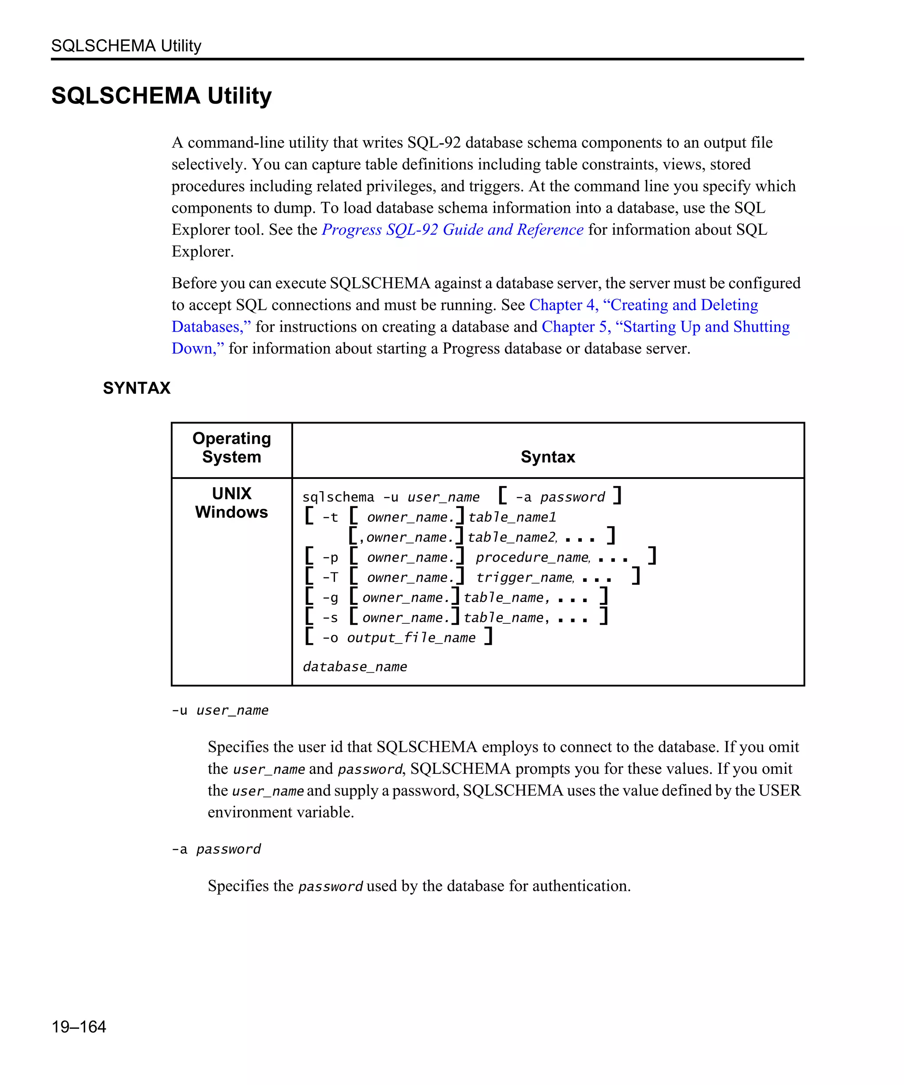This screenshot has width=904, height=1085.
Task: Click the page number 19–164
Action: [x=79, y=1026]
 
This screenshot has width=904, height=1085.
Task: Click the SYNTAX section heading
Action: [x=136, y=388]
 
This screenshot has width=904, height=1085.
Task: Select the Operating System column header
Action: [x=231, y=448]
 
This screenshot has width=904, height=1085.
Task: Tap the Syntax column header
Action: [x=548, y=457]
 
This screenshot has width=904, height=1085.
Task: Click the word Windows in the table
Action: [x=231, y=512]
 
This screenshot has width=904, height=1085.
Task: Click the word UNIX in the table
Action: [x=231, y=494]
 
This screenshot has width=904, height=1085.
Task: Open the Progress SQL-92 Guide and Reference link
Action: [x=452, y=230]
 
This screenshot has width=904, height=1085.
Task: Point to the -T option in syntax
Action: [x=330, y=578]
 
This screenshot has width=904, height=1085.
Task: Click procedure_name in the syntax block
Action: [x=532, y=558]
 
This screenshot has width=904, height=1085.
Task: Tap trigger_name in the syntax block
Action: [x=524, y=578]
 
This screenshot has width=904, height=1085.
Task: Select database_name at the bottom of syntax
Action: [x=355, y=667]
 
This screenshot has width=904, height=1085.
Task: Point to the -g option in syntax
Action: [x=330, y=598]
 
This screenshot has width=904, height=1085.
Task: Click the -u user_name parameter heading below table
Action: [x=220, y=710]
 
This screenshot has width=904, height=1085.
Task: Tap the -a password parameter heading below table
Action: [x=216, y=849]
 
